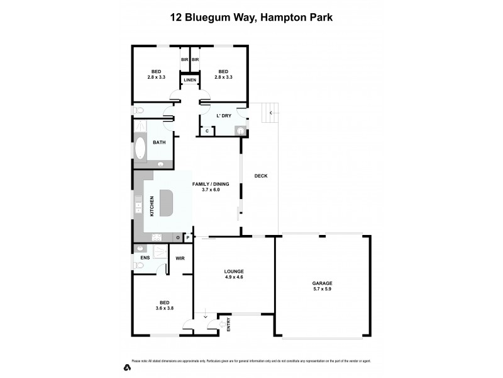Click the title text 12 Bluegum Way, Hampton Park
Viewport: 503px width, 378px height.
tap(251, 18)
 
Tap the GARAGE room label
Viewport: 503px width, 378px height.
tap(323, 283)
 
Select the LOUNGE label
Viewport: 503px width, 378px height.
tap(234, 272)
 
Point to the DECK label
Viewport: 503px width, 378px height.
tap(260, 176)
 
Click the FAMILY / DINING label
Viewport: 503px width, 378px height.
tap(211, 183)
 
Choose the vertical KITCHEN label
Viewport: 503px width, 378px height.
tap(152, 206)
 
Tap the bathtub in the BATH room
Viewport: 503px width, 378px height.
tap(140, 149)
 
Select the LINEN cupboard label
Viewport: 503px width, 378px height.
tap(190, 80)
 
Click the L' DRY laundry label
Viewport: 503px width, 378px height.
tap(223, 117)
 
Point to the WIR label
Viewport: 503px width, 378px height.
tap(180, 258)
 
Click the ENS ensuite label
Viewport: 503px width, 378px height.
tap(145, 258)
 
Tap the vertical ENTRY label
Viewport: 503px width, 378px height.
tap(228, 325)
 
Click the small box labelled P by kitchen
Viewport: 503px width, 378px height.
tap(187, 238)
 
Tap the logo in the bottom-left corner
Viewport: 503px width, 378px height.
tap(127, 367)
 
